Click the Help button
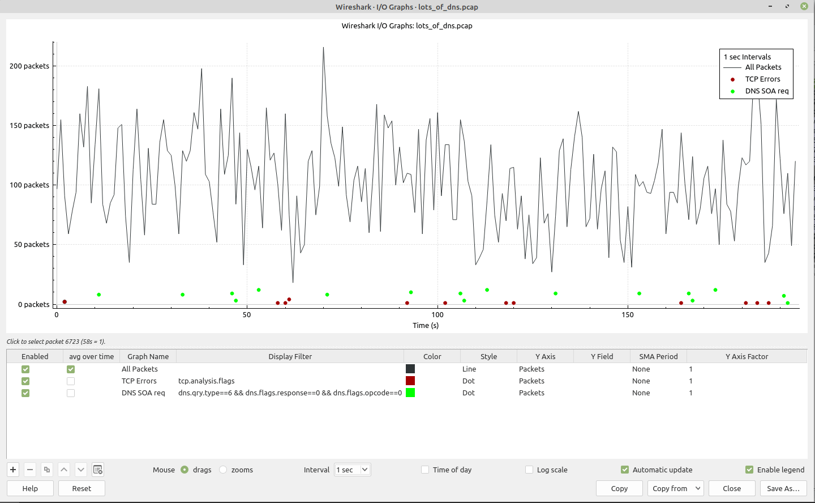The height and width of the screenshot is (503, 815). (x=30, y=488)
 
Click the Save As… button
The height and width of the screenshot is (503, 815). (x=783, y=488)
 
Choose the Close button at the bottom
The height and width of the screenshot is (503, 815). (x=732, y=488)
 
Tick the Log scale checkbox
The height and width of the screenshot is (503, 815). (x=529, y=470)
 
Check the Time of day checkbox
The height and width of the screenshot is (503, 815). (x=425, y=470)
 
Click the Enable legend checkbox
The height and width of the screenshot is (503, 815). (x=749, y=470)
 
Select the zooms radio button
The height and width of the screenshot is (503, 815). (x=223, y=470)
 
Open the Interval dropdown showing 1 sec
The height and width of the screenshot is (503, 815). (x=353, y=470)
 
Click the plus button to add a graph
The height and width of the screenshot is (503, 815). (x=13, y=470)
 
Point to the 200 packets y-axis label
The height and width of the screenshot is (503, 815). (x=29, y=66)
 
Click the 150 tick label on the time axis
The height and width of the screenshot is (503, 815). (x=628, y=314)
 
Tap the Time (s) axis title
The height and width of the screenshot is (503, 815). (x=426, y=325)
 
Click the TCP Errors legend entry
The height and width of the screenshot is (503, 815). (x=762, y=79)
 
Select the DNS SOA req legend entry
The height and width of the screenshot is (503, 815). (x=766, y=91)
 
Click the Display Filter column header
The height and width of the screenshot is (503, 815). (x=290, y=356)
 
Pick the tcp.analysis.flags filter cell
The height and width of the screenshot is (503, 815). (x=207, y=381)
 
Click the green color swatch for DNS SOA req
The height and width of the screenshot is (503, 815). (x=410, y=393)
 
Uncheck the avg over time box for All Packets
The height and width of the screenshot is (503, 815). (x=71, y=369)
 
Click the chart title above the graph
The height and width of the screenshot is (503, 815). (x=407, y=25)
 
